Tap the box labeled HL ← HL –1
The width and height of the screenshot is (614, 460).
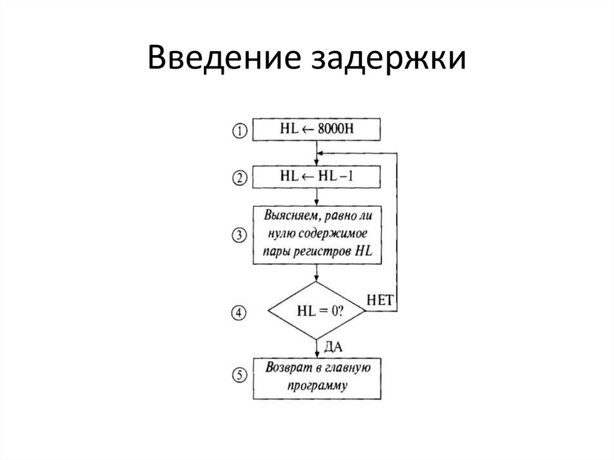(316, 176)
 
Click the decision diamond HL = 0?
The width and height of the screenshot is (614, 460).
(316, 311)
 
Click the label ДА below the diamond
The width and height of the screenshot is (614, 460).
(333, 347)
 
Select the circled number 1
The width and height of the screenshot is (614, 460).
(239, 131)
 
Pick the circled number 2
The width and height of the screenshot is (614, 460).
(239, 178)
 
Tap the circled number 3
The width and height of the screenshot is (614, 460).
(239, 235)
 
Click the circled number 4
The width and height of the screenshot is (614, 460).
(239, 312)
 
